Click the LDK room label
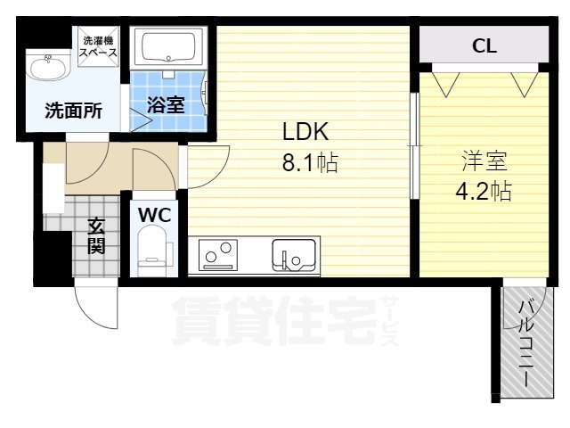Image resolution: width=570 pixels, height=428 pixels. (305, 131)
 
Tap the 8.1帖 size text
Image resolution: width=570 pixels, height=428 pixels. (310, 162)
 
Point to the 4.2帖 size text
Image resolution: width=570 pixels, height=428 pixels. (484, 191)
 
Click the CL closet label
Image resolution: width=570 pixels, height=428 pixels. (484, 45)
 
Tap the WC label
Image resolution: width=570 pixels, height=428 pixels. (154, 215)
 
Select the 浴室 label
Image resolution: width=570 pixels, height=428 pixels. (166, 105)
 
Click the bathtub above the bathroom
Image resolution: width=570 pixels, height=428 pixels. (168, 47)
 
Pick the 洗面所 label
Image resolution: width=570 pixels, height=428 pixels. (73, 111)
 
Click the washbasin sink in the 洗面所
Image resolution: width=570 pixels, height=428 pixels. (49, 65)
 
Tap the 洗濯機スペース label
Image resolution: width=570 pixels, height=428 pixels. (99, 46)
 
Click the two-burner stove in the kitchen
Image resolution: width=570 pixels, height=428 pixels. (217, 255)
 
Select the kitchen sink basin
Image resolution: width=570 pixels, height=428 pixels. (294, 255)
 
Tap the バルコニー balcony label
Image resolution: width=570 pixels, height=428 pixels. (526, 343)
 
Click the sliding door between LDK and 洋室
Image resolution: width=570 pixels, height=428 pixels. (414, 145)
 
